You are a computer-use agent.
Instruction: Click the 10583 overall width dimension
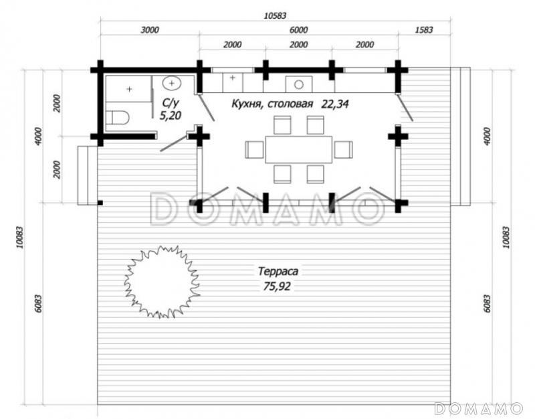[275, 15]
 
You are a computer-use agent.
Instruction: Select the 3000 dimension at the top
[150, 30]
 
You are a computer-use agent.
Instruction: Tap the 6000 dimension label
[298, 30]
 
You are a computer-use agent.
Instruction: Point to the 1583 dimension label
[424, 30]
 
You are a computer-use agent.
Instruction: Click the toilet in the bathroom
[118, 118]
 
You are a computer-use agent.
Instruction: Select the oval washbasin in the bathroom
[172, 83]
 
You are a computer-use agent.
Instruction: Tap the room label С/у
[170, 103]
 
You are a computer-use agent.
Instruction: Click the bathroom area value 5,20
[171, 116]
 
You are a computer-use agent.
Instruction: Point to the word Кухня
[247, 104]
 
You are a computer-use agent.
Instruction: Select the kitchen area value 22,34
[335, 104]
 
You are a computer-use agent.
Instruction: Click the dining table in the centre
[298, 149]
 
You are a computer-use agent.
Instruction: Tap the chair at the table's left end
[255, 149]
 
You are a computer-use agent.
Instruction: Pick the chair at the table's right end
[343, 149]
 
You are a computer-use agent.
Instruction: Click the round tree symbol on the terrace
[160, 282]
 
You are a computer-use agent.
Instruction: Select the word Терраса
[278, 272]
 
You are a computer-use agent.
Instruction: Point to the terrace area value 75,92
[277, 286]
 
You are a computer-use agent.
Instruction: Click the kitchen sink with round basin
[299, 84]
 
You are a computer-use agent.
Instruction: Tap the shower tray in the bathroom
[128, 89]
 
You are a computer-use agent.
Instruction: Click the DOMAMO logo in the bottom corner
[479, 408]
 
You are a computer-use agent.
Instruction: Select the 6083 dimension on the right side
[487, 303]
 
